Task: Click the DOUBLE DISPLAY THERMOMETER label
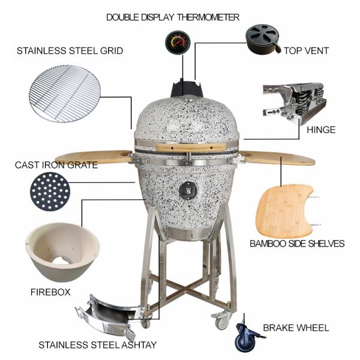coord(173,17)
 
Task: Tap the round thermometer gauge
coord(176,43)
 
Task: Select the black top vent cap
coord(263,38)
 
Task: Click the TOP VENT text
coord(306,51)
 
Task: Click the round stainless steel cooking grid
coord(65,94)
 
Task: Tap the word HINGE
coord(320,130)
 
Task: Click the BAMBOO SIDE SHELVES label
coord(297,244)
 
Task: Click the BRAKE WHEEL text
coord(296,328)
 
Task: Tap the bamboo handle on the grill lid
coord(180,147)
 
